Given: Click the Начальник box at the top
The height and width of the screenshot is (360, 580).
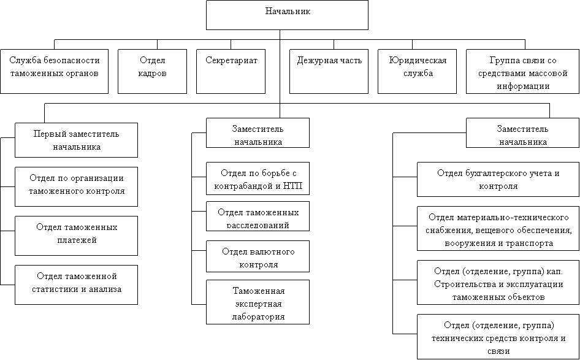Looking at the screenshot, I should (287, 15).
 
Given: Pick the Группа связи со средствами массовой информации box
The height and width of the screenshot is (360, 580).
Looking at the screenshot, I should (522, 71).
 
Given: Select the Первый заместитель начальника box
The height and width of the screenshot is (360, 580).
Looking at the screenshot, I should (76, 140).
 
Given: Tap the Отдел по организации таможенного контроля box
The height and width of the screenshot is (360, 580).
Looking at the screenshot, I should (76, 185).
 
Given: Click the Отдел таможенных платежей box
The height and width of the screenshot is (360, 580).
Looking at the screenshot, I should (76, 234).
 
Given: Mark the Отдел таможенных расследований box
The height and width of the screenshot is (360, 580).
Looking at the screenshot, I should (258, 216).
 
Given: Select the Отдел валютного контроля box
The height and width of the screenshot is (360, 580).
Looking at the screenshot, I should (258, 257).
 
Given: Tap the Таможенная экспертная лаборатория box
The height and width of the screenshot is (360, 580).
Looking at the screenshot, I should (258, 302).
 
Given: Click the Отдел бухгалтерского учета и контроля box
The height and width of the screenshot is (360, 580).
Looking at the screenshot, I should (498, 179).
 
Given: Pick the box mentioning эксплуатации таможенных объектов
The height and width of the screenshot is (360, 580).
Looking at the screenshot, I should (498, 282).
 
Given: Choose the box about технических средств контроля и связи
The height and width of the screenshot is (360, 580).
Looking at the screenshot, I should (498, 337).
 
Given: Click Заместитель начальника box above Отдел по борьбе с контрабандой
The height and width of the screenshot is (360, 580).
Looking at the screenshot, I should (258, 134).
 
